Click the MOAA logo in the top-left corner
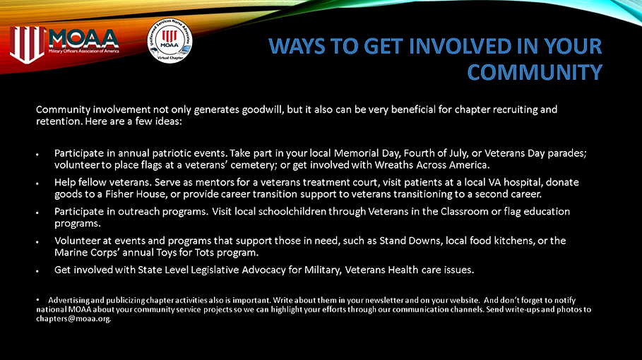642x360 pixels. click(64, 40)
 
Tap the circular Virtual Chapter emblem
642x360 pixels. click(168, 40)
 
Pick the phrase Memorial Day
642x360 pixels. click(360, 153)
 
